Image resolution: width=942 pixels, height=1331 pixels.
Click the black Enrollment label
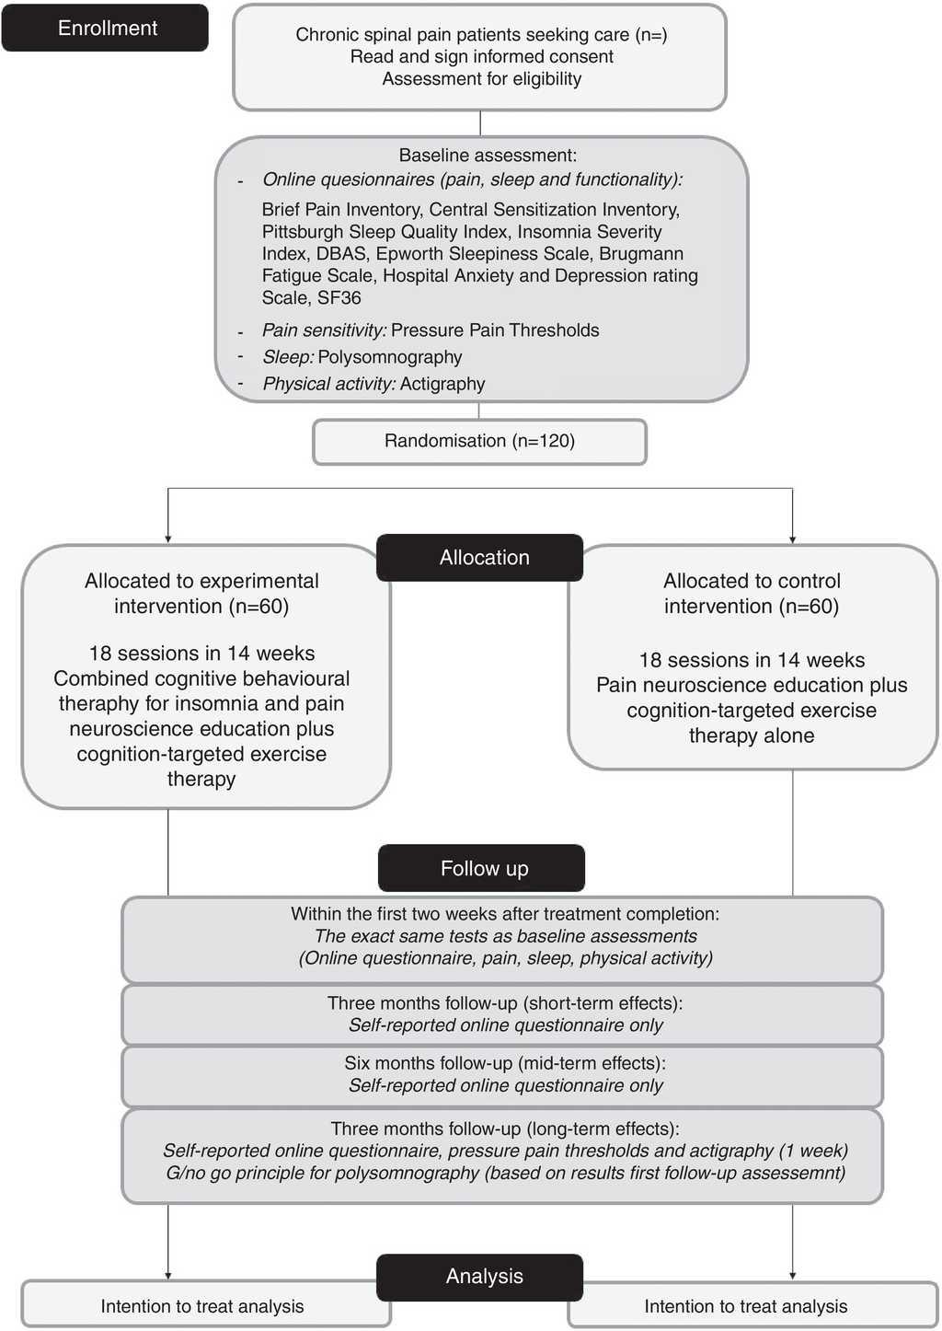click(107, 29)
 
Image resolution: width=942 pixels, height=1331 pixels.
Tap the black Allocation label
click(484, 558)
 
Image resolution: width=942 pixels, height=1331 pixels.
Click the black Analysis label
click(484, 1277)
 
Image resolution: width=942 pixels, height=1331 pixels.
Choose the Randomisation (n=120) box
click(479, 441)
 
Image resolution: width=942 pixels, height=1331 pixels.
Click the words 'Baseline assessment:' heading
click(488, 156)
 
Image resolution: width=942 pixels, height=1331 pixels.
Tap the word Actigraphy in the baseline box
click(442, 384)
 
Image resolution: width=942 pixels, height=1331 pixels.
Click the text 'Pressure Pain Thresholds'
click(495, 330)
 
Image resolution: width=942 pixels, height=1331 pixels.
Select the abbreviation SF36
click(339, 298)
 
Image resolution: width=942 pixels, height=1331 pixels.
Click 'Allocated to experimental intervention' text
click(201, 594)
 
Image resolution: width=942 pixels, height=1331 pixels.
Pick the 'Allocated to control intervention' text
click(752, 594)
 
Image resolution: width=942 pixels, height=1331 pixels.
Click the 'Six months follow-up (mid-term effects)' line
click(505, 1063)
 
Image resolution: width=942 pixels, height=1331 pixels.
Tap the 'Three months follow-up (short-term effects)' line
click(505, 1003)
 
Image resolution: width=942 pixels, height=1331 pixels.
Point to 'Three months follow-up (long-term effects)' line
click(505, 1128)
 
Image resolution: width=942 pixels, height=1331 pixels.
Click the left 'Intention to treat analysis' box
click(202, 1306)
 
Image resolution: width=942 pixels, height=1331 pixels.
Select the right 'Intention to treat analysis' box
click(746, 1306)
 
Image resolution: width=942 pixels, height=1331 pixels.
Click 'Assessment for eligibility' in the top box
click(482, 79)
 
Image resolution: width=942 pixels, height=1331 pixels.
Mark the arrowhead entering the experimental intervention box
click(167, 538)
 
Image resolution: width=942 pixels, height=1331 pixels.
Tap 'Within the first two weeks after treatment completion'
click(505, 914)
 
